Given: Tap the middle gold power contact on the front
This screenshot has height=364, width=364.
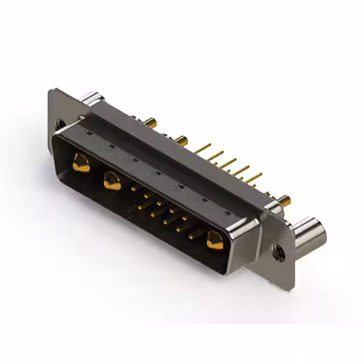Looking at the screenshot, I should pos(112,181).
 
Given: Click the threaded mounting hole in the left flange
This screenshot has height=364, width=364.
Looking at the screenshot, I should pos(59,122).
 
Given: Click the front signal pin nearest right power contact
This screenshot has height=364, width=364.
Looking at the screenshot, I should pos(192,233).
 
